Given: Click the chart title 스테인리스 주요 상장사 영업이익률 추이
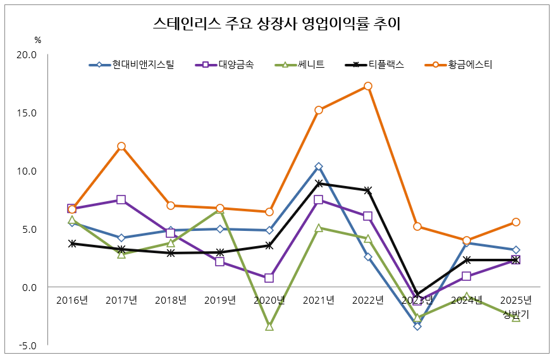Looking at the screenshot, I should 277,25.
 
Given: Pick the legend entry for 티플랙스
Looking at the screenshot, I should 385,65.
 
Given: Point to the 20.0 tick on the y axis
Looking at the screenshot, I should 26,55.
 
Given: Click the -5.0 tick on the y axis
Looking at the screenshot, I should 26,346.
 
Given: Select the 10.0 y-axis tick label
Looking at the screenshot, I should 26,171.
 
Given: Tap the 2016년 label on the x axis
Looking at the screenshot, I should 72,300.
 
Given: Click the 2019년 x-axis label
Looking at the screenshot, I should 220,300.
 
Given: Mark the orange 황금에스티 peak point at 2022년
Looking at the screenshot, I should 368,86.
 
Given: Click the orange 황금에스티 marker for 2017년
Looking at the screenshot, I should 121,146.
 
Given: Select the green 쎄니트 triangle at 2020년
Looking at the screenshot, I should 269,327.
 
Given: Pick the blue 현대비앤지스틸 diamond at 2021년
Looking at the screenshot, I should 319,166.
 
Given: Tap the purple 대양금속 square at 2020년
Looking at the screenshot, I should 269,278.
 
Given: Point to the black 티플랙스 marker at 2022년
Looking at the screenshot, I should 368,190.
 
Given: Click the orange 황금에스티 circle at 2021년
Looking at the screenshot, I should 319,110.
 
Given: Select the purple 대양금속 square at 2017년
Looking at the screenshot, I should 121,200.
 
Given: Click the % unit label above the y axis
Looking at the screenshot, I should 37,40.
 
